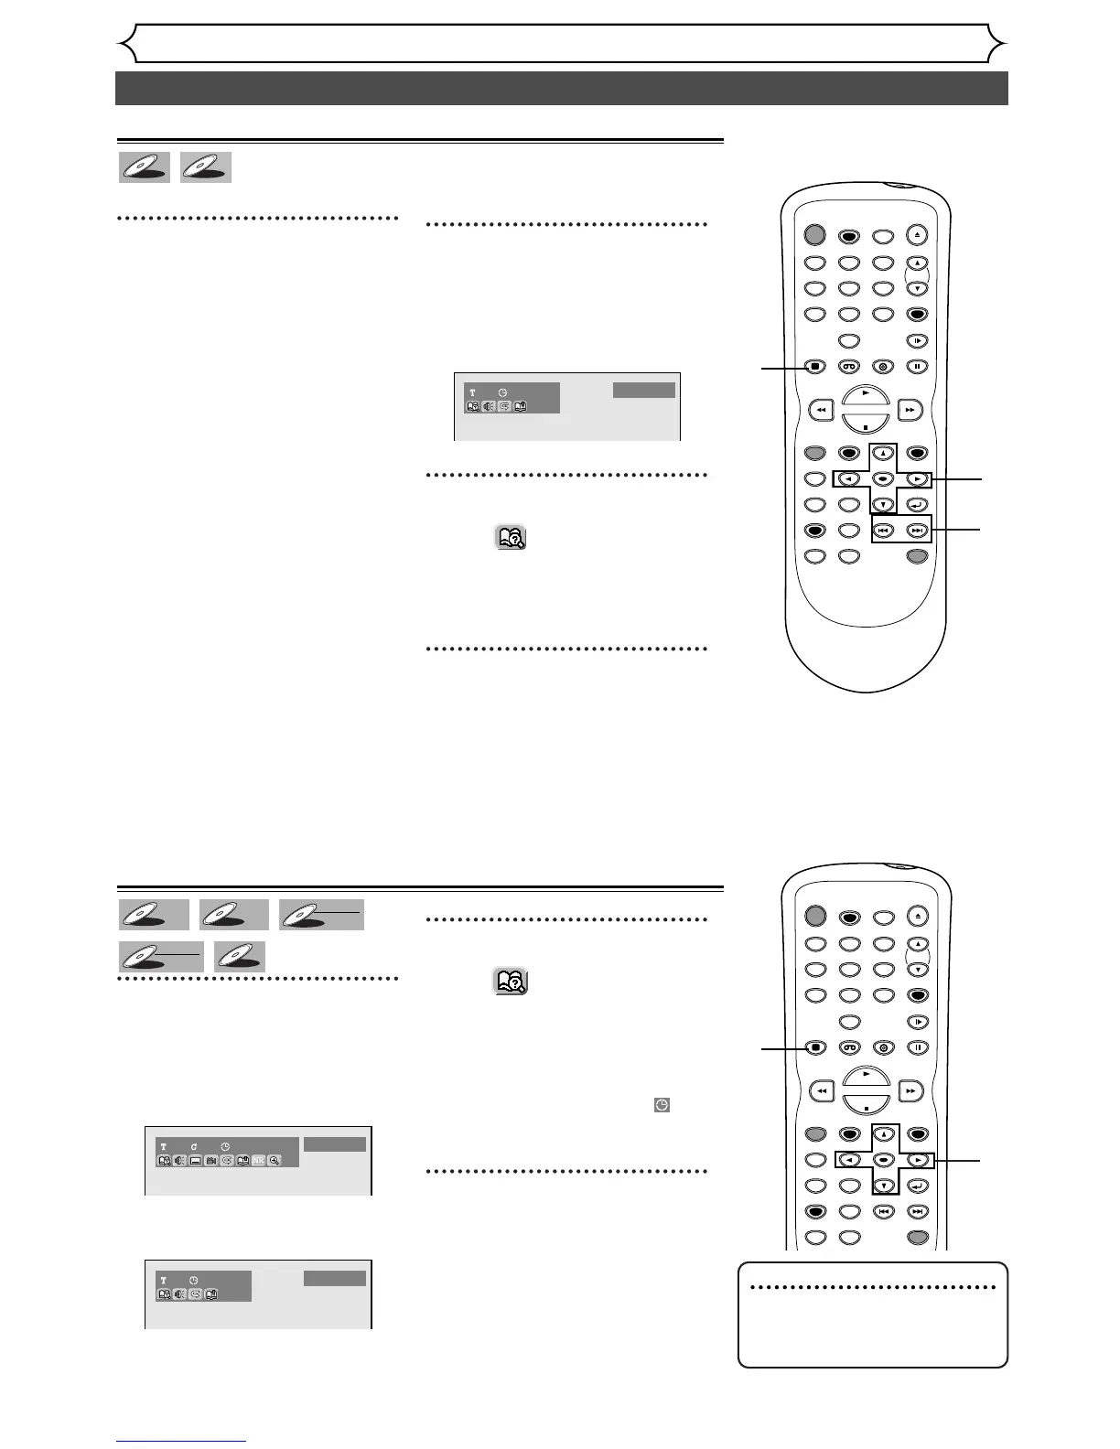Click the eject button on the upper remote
(x=917, y=234)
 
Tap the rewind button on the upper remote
(x=821, y=411)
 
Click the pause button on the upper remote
(x=917, y=367)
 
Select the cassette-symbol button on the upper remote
(x=849, y=367)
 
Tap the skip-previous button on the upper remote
(x=883, y=530)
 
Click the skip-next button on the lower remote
(x=917, y=1211)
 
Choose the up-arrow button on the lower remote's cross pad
(x=883, y=1134)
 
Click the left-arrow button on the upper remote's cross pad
(x=849, y=478)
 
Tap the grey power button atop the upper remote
(x=814, y=234)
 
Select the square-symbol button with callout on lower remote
(x=814, y=1047)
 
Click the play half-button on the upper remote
(x=865, y=394)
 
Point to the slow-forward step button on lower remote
(x=917, y=1022)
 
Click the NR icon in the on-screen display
(x=259, y=1160)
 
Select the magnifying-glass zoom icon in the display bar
(x=275, y=1160)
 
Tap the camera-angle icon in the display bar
(x=211, y=1160)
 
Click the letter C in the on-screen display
(x=195, y=1145)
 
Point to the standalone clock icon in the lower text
(x=662, y=1105)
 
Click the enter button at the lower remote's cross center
(x=883, y=1160)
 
